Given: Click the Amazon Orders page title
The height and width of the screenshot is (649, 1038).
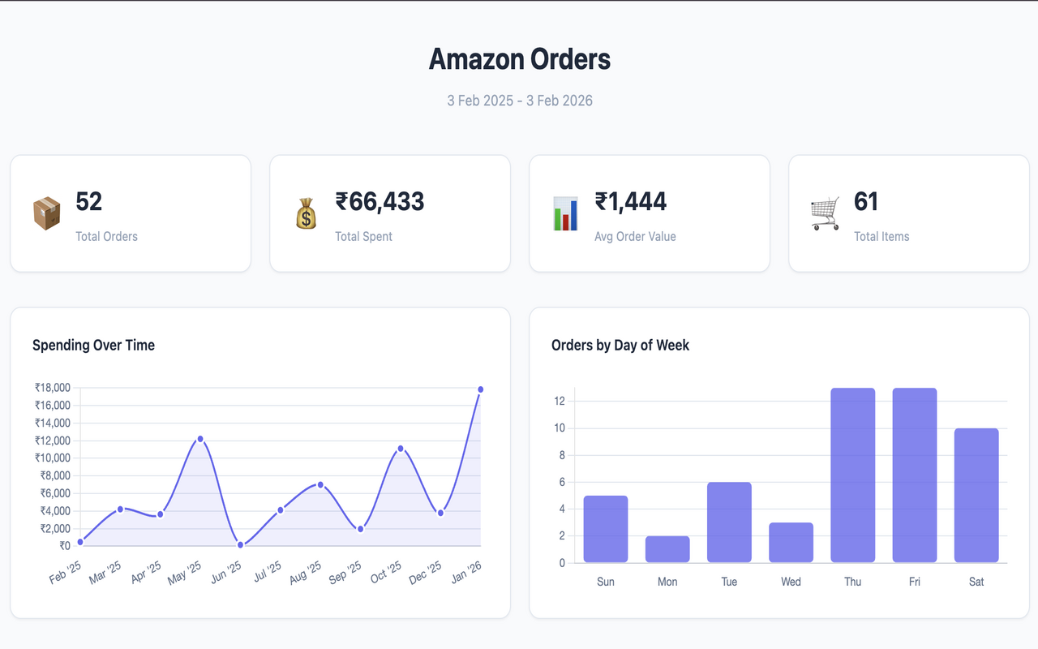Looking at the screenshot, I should (x=519, y=59).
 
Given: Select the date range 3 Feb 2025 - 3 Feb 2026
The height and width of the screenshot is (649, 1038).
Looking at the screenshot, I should (x=519, y=101).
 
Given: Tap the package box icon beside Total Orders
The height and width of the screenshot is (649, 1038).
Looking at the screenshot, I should (x=47, y=213).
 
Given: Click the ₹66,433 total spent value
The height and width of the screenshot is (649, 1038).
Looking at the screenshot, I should (x=380, y=201).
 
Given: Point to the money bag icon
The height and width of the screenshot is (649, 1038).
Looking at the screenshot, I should (x=306, y=213).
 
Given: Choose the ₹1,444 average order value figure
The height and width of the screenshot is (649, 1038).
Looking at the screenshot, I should (x=630, y=201).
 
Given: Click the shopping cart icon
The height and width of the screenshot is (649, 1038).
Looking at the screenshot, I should (x=825, y=213).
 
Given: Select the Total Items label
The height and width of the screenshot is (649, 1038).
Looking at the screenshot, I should (x=881, y=237).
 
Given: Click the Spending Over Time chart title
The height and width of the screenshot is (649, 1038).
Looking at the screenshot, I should (x=93, y=345).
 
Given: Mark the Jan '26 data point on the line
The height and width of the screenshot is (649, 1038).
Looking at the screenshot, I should (x=481, y=389).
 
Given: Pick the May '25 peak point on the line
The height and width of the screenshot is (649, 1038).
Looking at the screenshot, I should (x=200, y=439).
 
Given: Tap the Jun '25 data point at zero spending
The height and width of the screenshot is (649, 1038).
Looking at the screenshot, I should (x=240, y=545).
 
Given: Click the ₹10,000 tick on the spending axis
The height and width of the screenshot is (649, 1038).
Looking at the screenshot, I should (x=53, y=458).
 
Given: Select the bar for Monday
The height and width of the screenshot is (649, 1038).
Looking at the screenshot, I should (x=667, y=549).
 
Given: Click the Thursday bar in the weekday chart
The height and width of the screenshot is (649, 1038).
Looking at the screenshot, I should (x=852, y=475).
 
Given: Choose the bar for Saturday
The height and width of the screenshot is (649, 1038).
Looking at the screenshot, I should (x=976, y=495).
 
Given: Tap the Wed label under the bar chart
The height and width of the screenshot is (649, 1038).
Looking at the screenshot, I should (x=791, y=582).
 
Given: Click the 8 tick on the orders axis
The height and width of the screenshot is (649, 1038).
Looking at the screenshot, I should (x=560, y=455).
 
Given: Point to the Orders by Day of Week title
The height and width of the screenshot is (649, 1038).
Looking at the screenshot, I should (x=620, y=345).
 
